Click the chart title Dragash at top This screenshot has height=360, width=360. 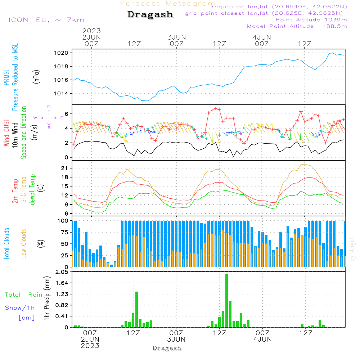[x=150, y=15]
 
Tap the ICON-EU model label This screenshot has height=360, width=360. [x=46, y=20]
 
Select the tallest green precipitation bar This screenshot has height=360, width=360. [x=226, y=301]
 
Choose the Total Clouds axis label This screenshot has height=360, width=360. [x=7, y=243]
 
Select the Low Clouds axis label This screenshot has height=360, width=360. [x=24, y=243]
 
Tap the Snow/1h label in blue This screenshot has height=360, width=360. [x=20, y=308]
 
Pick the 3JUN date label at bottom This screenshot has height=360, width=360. [x=176, y=339]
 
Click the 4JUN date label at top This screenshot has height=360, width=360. [x=262, y=37]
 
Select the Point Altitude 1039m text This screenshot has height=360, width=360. [x=311, y=19]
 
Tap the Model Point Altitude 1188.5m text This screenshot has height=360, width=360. [x=297, y=26]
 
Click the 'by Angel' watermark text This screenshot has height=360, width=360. [x=352, y=249]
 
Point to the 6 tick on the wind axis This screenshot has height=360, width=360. [x=67, y=114]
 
